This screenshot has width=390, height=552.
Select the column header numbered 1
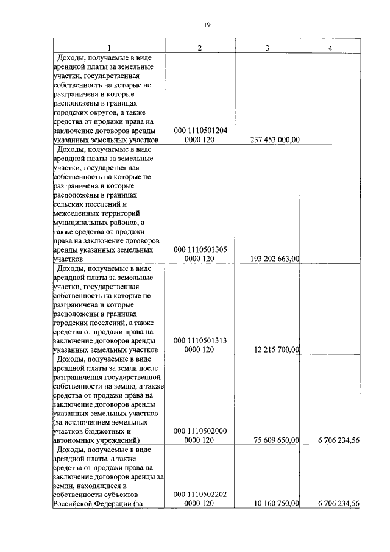pyautogui.click(x=108, y=48)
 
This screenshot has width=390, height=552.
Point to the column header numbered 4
pyautogui.click(x=330, y=48)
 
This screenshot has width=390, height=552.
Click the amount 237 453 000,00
pyautogui.click(x=275, y=140)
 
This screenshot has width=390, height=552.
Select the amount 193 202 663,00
pyautogui.click(x=275, y=259)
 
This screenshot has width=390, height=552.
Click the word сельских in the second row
pyautogui.click(x=69, y=204)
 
